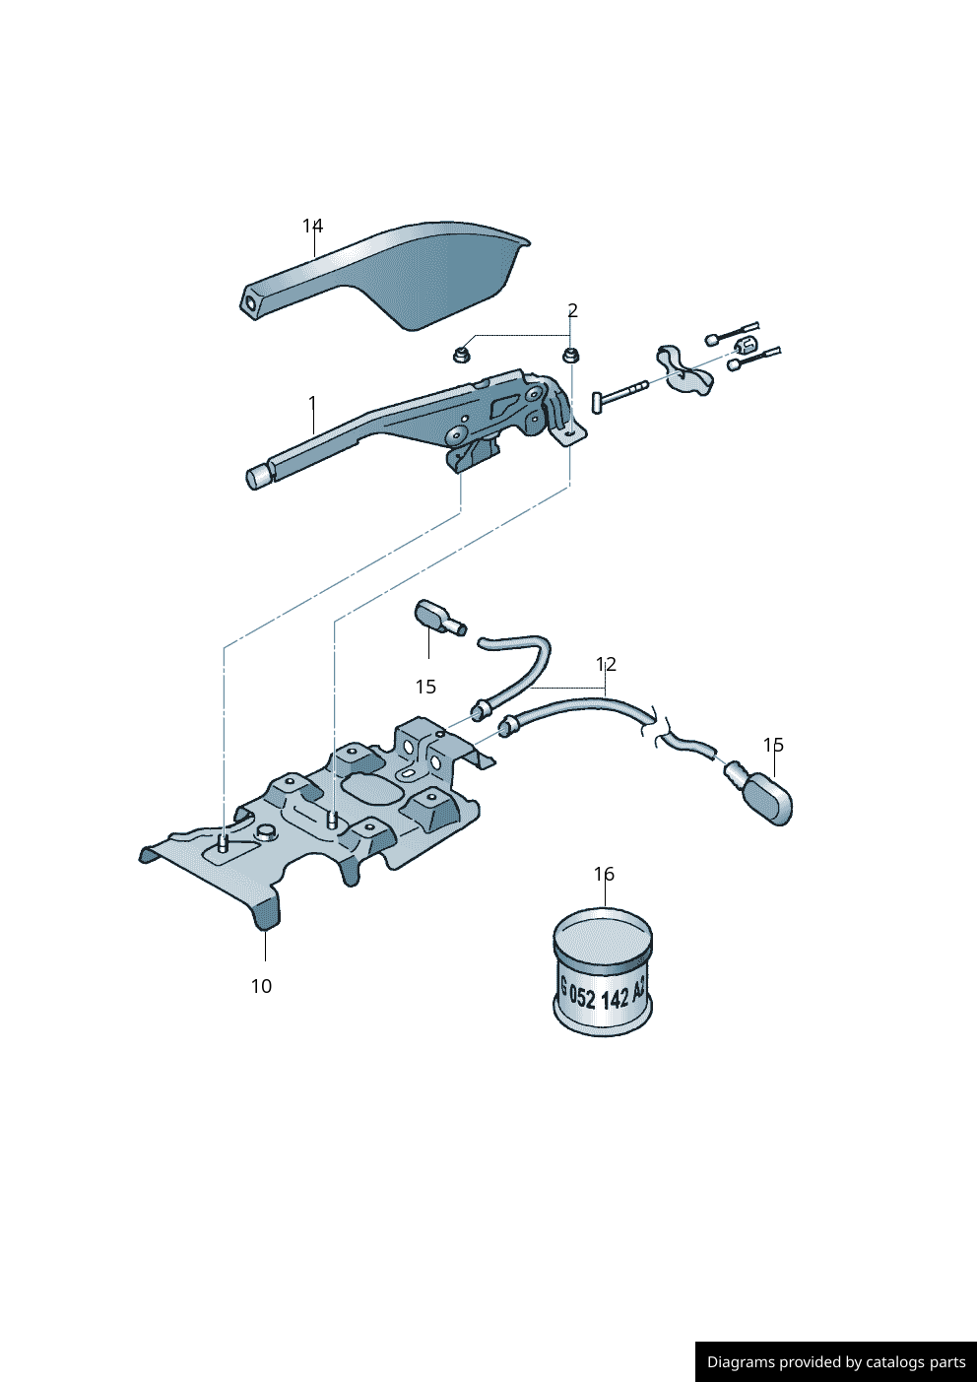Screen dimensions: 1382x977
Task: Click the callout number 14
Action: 312,227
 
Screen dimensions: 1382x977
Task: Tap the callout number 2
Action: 572,311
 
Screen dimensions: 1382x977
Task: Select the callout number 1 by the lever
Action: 312,403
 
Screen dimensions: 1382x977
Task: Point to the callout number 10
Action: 261,986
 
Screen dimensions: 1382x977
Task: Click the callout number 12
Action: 606,664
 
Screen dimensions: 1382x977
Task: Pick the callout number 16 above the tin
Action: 604,874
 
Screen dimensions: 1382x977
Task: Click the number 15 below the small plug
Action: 425,687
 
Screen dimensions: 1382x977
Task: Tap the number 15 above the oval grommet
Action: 773,745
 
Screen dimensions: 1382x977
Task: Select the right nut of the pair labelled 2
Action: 569,355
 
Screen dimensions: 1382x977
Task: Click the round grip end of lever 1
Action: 258,477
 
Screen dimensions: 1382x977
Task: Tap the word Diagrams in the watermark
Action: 741,1362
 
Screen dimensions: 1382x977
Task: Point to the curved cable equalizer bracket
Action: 683,371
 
